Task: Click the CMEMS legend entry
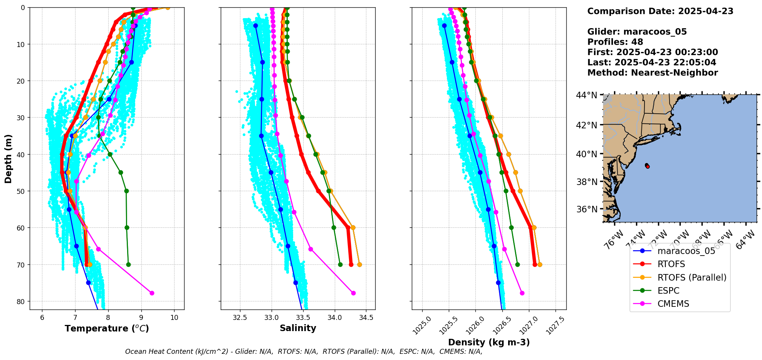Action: click(x=673, y=304)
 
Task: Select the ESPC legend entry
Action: click(x=668, y=291)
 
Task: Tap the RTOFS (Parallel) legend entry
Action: click(x=692, y=278)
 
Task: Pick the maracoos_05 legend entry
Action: click(x=686, y=251)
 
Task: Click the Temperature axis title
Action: click(x=107, y=328)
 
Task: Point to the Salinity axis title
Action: click(x=298, y=328)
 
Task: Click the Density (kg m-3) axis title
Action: click(x=489, y=342)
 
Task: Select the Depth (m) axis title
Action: click(x=8, y=158)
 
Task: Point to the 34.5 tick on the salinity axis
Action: click(x=366, y=318)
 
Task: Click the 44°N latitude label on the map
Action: click(x=586, y=95)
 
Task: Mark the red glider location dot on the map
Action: click(x=648, y=167)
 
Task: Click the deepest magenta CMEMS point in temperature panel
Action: click(x=152, y=293)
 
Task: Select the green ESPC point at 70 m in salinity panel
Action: click(x=340, y=264)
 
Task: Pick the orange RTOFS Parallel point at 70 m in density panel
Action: click(x=540, y=264)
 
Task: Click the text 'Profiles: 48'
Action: click(x=615, y=42)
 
